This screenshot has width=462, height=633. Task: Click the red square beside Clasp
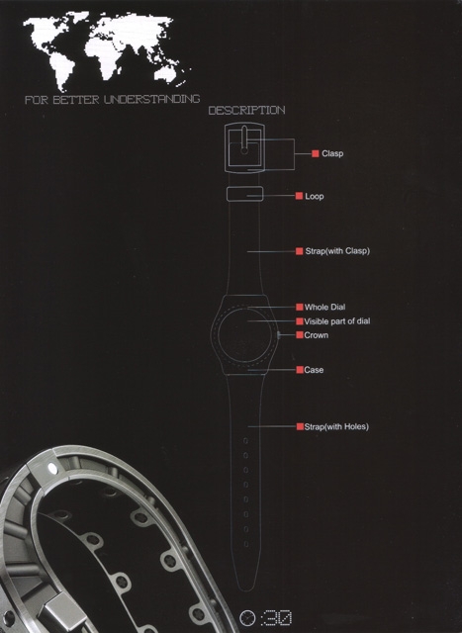pyautogui.click(x=316, y=153)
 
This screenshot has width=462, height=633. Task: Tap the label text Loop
pyautogui.click(x=315, y=196)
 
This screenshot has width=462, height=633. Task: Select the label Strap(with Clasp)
pyautogui.click(x=337, y=251)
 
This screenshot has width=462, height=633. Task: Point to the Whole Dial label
pyautogui.click(x=324, y=308)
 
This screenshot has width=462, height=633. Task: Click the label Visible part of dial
pyautogui.click(x=336, y=321)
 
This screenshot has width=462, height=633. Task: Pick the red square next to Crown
pyautogui.click(x=300, y=335)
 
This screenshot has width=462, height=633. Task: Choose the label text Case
pyautogui.click(x=314, y=370)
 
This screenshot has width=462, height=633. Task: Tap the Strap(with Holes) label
pyautogui.click(x=336, y=426)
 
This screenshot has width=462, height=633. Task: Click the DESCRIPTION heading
pyautogui.click(x=246, y=110)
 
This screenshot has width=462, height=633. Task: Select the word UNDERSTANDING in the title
pyautogui.click(x=151, y=99)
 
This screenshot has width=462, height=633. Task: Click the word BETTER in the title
pyautogui.click(x=76, y=100)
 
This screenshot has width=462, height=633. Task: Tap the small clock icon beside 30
pyautogui.click(x=247, y=617)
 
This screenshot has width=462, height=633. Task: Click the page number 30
pyautogui.click(x=276, y=617)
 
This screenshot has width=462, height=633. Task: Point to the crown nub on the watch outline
pyautogui.click(x=279, y=334)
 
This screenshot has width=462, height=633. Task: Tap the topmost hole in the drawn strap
pyautogui.click(x=245, y=440)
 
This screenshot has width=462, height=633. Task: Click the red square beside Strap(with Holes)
pyautogui.click(x=300, y=426)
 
